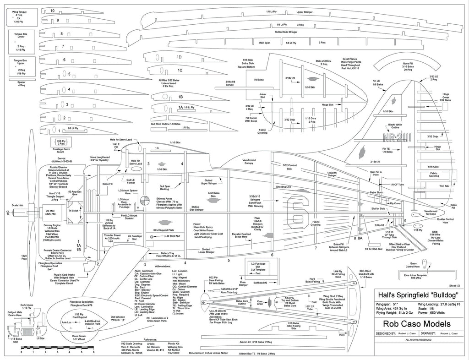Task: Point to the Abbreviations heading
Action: (153, 266)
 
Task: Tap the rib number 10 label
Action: (52, 11)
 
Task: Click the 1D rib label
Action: (180, 57)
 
